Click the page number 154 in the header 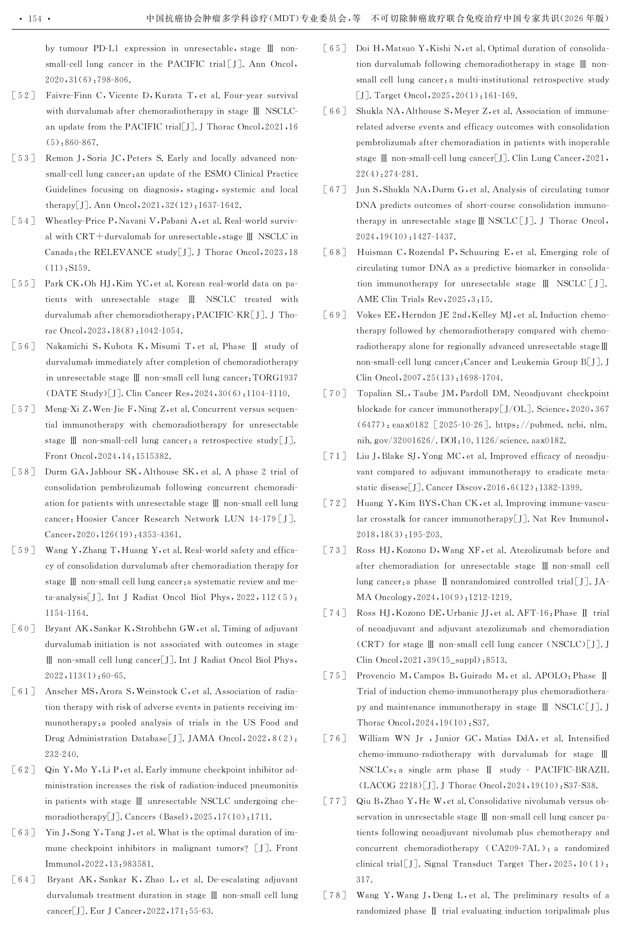click(35, 19)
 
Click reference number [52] click(23, 96)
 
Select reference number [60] click(23, 628)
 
